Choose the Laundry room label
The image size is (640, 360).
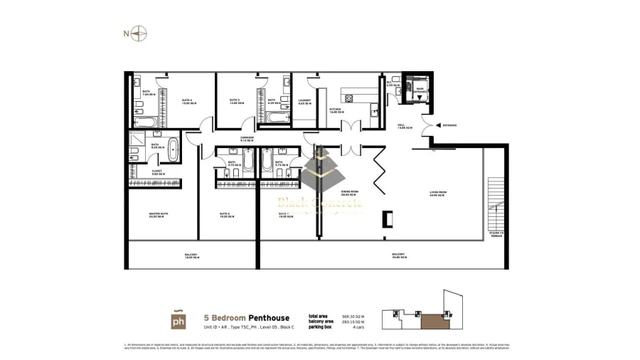305,102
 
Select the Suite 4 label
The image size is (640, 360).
188,102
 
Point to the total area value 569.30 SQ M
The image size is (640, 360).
351,316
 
